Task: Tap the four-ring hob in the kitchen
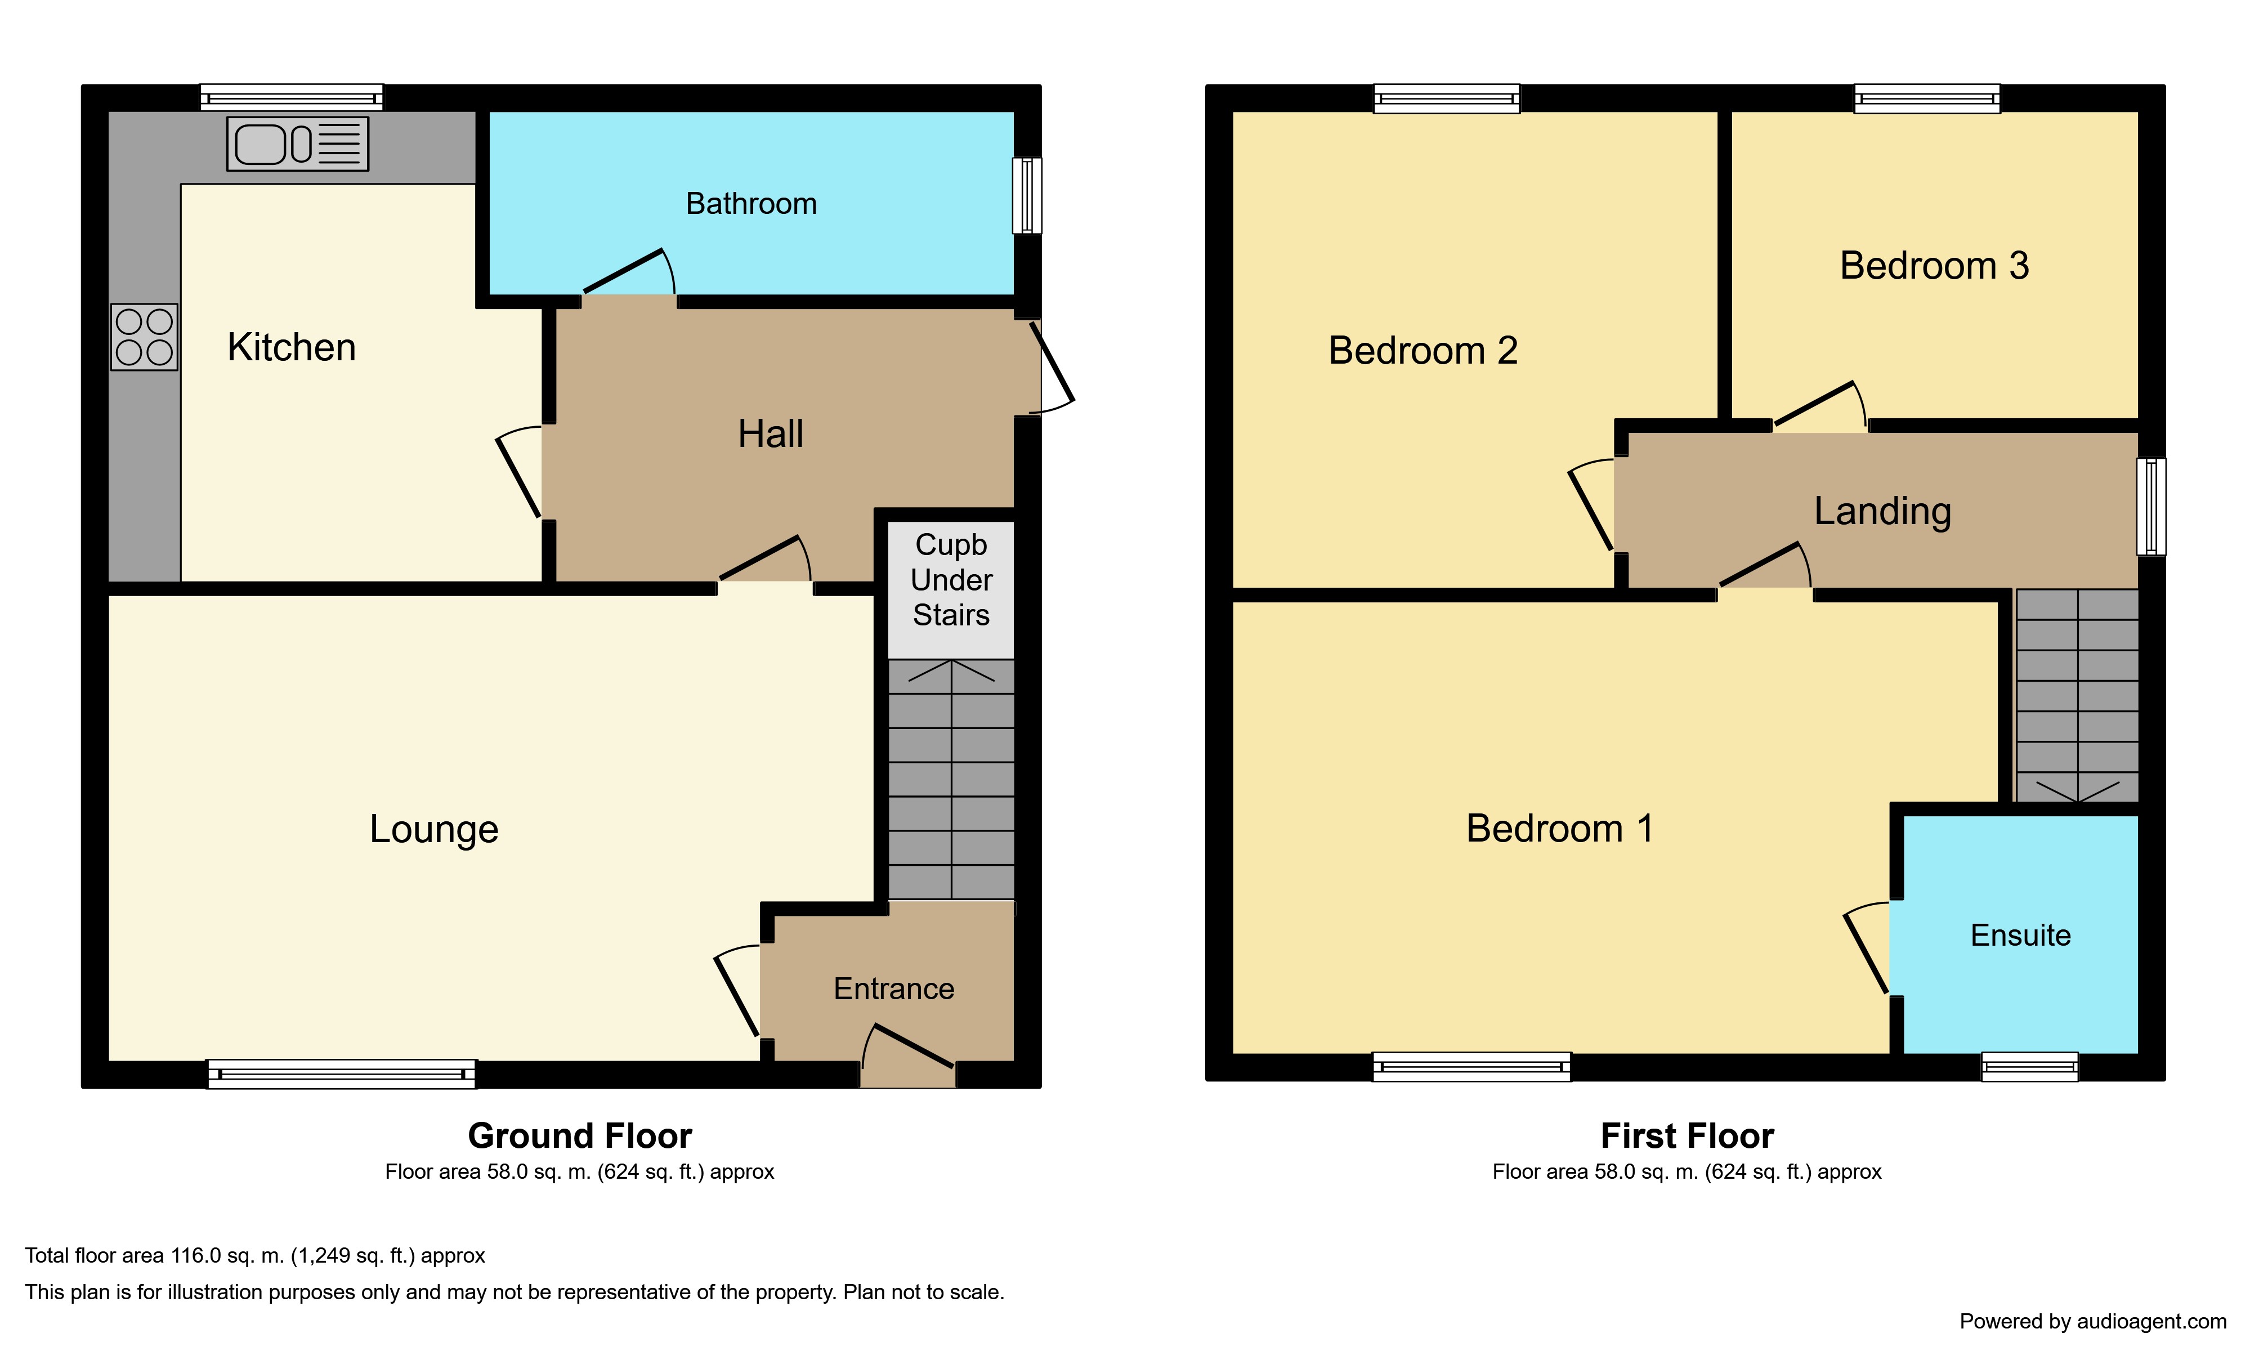coord(144,336)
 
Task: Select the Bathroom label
coord(751,203)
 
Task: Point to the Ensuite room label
coord(2020,935)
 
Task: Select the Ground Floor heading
coord(580,1135)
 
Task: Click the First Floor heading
coord(1687,1135)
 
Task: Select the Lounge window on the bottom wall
coord(341,1073)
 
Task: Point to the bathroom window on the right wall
coord(1027,196)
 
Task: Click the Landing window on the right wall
coord(2151,506)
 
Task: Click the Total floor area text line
coord(255,1255)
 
